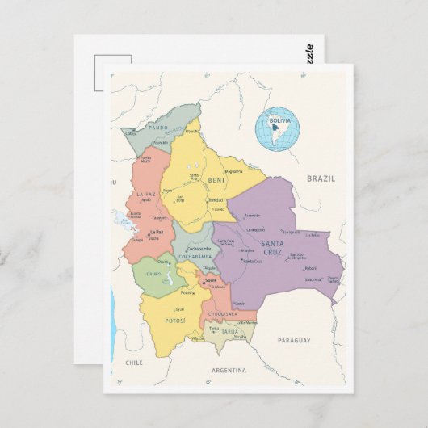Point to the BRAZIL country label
[x=320, y=178]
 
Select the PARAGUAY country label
[x=294, y=340]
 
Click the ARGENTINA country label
[x=229, y=370]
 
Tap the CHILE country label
[x=133, y=363]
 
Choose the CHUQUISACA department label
[x=221, y=314]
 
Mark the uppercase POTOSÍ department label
[x=175, y=321]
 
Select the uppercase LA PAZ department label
[x=146, y=194]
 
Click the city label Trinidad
[x=216, y=199]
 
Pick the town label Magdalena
[x=233, y=171]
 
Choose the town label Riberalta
[x=192, y=131]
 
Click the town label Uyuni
[x=179, y=308]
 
